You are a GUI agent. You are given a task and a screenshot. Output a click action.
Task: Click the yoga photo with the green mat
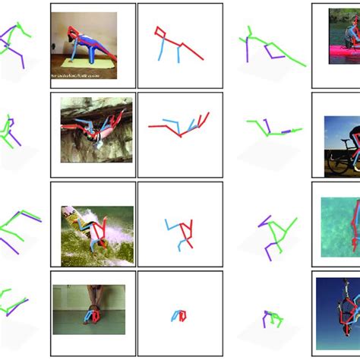point(84,46)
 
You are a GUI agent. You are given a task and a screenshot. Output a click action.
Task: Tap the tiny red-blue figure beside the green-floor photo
point(178,314)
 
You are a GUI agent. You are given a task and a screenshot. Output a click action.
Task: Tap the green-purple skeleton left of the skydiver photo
point(272,319)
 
